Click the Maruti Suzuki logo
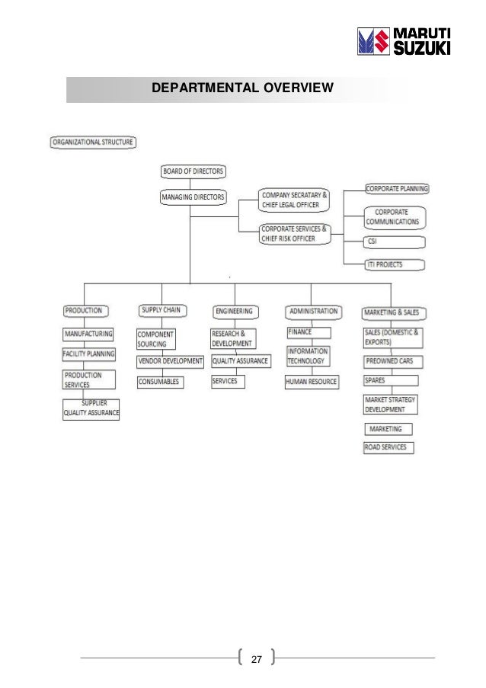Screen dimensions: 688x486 pyautogui.click(x=404, y=41)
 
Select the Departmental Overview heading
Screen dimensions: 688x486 pyautogui.click(x=242, y=88)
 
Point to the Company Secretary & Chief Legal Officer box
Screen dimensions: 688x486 pyautogui.click(x=294, y=200)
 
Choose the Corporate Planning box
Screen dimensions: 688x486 pyautogui.click(x=397, y=188)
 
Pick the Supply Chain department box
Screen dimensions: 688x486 pyautogui.click(x=160, y=310)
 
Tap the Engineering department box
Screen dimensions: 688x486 pyautogui.click(x=234, y=311)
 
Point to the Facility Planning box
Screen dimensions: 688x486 pyautogui.click(x=89, y=354)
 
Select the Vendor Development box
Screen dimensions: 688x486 pyautogui.click(x=171, y=361)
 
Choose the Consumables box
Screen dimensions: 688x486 pyautogui.click(x=160, y=381)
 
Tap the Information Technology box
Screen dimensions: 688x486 pyautogui.click(x=308, y=356)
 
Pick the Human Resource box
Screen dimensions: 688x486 pyautogui.click(x=312, y=382)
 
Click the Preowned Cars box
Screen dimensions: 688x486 pyautogui.click(x=393, y=361)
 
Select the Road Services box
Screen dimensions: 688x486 pyautogui.click(x=388, y=447)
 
